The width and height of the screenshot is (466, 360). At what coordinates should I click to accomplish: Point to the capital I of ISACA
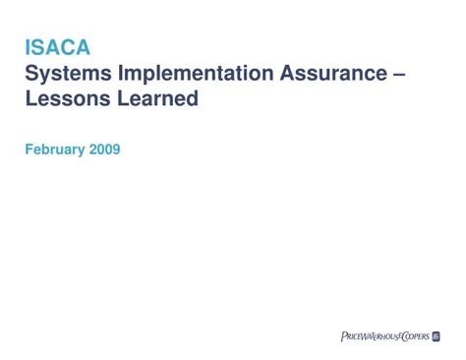point(27,47)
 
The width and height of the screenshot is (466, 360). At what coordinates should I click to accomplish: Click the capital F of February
point(28,150)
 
